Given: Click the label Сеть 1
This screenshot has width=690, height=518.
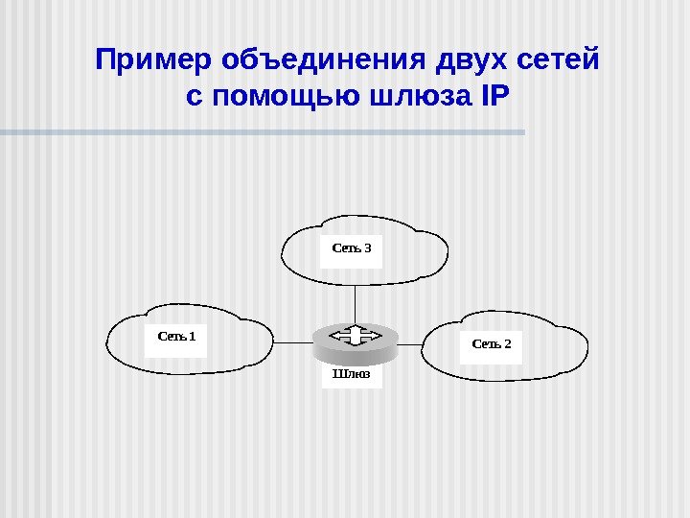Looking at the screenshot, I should (x=176, y=336).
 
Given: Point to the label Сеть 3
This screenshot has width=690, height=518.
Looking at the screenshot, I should (x=351, y=247).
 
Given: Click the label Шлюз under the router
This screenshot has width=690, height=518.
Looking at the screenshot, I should (x=351, y=373).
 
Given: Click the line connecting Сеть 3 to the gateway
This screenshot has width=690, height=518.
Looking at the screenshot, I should (x=355, y=304).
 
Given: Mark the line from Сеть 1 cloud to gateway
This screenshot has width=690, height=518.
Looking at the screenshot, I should (x=294, y=341).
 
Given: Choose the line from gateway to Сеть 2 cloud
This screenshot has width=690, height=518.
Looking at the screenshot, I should (x=410, y=341).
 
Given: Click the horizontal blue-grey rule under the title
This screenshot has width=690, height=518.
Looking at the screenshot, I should (x=263, y=131).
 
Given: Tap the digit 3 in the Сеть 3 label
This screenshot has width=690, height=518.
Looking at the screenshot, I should (x=367, y=247).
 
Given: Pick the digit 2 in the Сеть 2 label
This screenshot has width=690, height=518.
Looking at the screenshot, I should (x=508, y=343).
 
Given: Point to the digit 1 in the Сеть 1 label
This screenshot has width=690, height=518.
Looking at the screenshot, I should (x=192, y=336).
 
